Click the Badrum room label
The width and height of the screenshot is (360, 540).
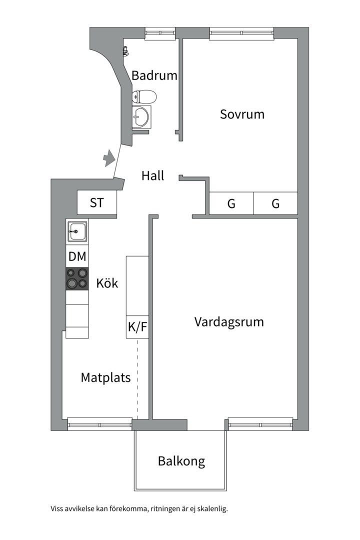point(154,75)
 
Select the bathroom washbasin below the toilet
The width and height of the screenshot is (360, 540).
point(141,116)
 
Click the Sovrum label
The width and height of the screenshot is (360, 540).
point(242,114)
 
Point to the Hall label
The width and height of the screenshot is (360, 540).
point(152,176)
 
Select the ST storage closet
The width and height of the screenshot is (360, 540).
point(97,203)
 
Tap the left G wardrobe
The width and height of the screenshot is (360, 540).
point(231,203)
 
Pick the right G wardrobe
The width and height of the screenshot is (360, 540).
point(275,203)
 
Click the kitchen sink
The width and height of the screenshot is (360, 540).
point(77,231)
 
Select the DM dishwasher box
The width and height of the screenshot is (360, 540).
point(77,257)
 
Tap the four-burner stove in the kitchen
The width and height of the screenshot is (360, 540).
point(77,278)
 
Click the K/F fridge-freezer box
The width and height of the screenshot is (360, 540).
point(137,327)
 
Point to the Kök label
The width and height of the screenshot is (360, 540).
point(107,283)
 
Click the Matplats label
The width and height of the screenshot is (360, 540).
point(105,377)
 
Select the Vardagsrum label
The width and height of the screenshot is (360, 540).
point(229,321)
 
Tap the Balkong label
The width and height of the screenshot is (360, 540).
point(181,460)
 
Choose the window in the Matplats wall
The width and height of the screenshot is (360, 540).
point(100,424)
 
